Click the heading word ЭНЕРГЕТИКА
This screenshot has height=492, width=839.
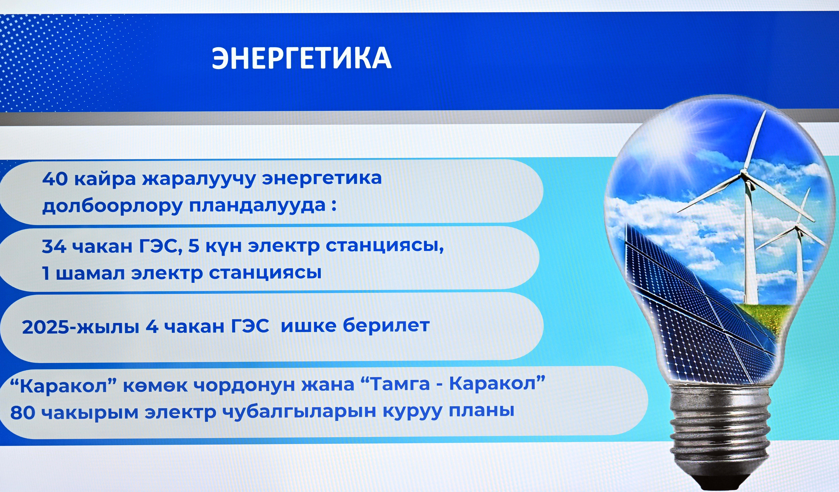coord(302,58)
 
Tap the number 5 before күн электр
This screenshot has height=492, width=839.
coord(193,246)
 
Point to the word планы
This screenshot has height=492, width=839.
coord(481,411)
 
